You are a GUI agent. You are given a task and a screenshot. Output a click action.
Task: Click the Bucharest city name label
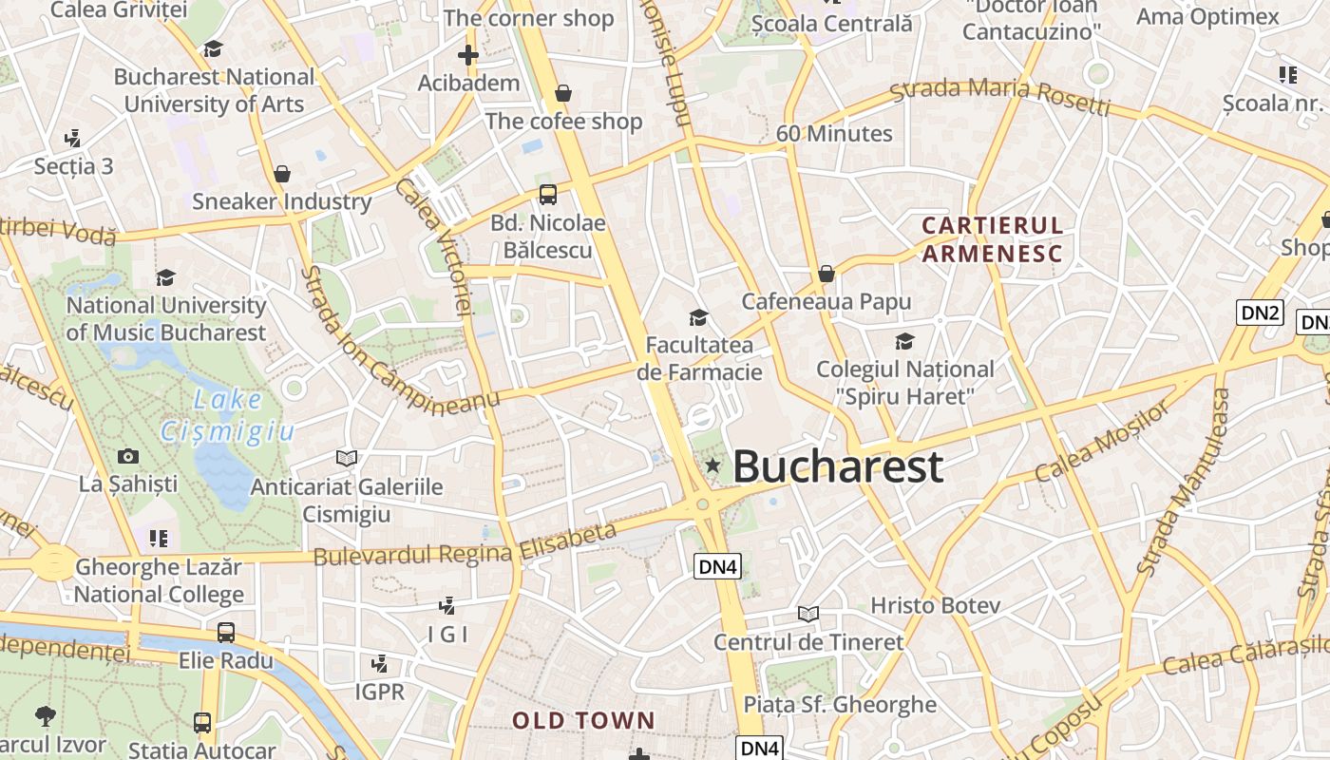(x=838, y=467)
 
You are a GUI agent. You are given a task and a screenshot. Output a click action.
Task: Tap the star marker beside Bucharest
(x=712, y=465)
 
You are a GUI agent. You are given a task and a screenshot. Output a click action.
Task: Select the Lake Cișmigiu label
(x=227, y=416)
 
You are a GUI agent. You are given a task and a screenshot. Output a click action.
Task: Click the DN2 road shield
(x=1260, y=313)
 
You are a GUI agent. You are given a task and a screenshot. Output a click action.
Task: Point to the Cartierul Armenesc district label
(x=992, y=239)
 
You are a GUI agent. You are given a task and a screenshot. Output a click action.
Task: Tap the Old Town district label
(x=583, y=720)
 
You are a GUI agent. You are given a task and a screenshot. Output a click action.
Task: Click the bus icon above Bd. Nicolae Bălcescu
(x=548, y=195)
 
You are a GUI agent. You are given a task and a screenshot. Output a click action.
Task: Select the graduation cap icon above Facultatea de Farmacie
(x=699, y=317)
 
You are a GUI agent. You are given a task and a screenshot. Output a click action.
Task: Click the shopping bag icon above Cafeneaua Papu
(x=826, y=274)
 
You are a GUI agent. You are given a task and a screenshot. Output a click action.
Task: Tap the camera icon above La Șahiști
(x=128, y=456)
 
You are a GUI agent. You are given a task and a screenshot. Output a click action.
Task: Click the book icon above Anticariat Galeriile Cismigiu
(x=347, y=459)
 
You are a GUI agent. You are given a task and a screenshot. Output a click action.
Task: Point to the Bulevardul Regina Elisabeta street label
(x=465, y=545)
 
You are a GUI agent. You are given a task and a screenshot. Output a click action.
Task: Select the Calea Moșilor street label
(x=1103, y=441)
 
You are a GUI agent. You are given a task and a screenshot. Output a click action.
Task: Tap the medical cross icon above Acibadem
(x=468, y=55)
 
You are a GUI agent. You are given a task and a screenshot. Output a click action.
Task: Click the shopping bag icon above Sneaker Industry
(x=281, y=174)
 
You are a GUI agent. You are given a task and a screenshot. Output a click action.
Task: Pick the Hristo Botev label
(x=935, y=605)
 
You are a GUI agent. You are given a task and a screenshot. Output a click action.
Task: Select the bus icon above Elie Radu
(x=226, y=632)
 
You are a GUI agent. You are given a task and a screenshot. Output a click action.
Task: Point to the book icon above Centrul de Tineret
(x=808, y=614)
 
